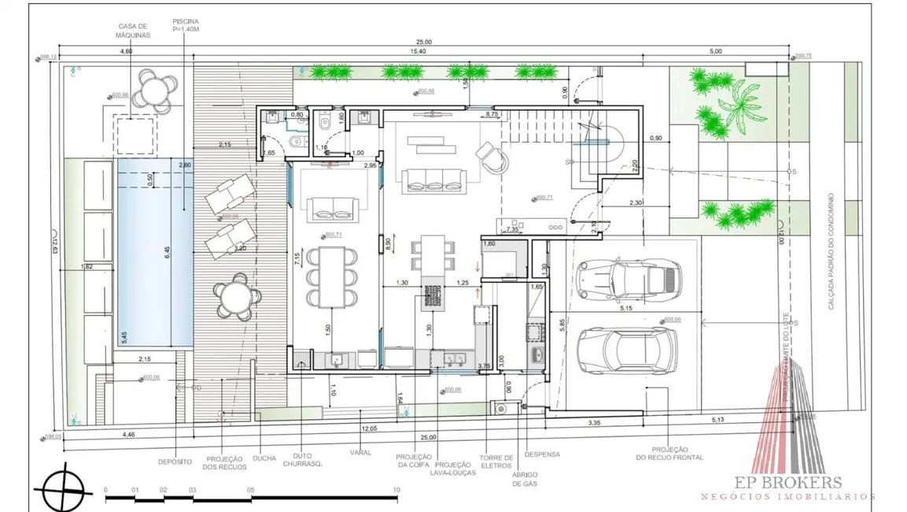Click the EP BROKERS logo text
pyautogui.click(x=788, y=483)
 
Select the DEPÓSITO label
pyautogui.click(x=174, y=461)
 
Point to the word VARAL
pyautogui.click(x=362, y=453)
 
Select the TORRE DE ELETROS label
pyautogui.click(x=496, y=462)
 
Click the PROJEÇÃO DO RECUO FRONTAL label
pyautogui.click(x=670, y=453)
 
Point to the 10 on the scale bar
pyautogui.click(x=396, y=490)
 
